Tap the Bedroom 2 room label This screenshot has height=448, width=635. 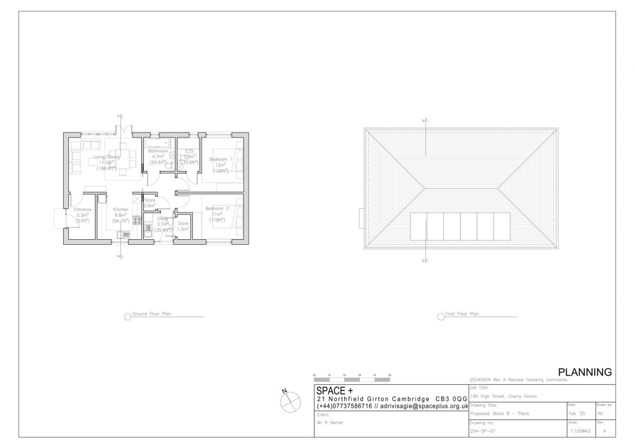coord(217,209)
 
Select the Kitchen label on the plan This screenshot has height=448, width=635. coord(120,210)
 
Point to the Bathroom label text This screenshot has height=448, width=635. coord(158,151)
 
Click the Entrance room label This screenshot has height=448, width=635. coord(82,210)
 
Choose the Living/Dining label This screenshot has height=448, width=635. coord(106,157)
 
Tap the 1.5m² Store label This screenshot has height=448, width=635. coord(183,224)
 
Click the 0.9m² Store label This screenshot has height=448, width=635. coord(149,201)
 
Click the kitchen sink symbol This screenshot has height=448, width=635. coord(122,234)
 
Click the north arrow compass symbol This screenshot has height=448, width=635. coord(289,403)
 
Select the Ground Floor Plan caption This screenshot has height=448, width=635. coord(151,315)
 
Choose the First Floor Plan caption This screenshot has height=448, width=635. coord(462,315)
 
